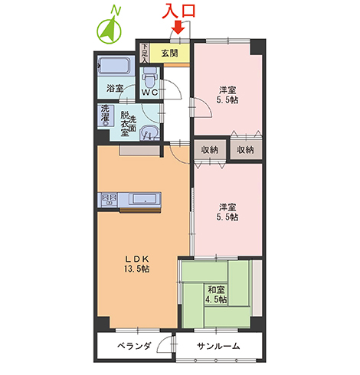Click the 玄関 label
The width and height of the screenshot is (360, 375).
170,53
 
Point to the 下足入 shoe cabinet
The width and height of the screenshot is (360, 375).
143,53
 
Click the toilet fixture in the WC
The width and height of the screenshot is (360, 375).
150,77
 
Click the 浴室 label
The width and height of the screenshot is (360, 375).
116,89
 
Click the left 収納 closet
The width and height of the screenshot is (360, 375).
208,150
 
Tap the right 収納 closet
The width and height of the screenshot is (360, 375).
245,150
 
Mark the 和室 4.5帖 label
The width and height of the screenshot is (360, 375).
215,295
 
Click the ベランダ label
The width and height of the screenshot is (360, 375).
134,346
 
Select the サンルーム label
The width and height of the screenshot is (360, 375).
218,346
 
